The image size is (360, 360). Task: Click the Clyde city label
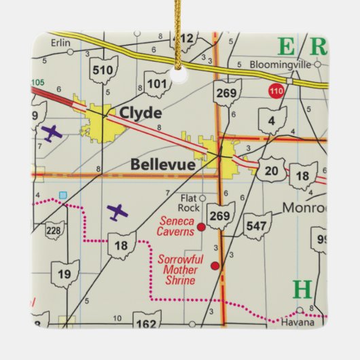(x=140, y=113)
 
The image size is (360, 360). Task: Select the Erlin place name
(x=60, y=43)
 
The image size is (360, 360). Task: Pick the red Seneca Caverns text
(x=176, y=226)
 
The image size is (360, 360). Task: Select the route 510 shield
(x=103, y=70)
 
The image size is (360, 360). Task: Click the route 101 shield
(x=156, y=84)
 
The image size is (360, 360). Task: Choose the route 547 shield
(x=257, y=225)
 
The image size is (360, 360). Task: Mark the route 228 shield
(x=54, y=232)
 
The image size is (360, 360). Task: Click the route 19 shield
(x=65, y=274)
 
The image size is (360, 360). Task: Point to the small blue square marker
(x=63, y=195)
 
